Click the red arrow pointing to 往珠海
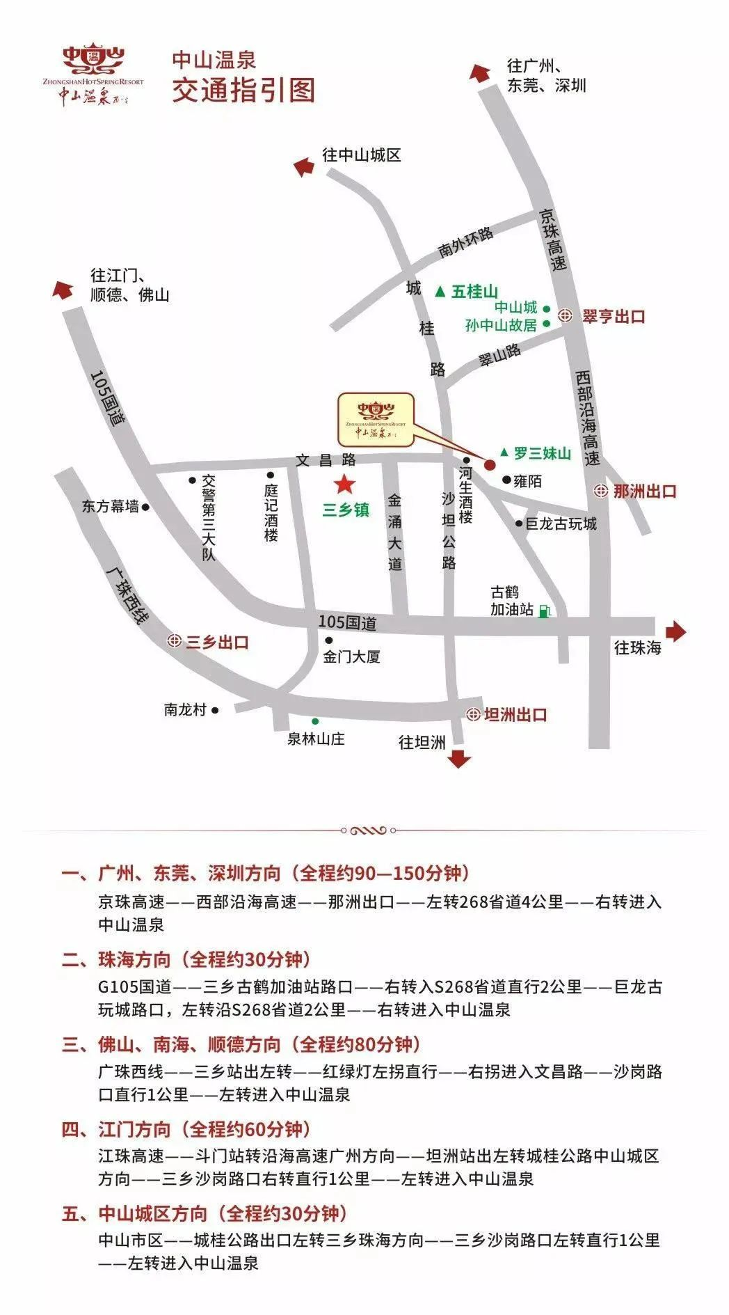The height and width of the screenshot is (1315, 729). point(675,631)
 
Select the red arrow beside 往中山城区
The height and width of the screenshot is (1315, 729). point(303,167)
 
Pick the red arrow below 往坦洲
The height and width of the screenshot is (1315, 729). point(459,758)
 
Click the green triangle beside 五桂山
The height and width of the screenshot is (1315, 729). point(440,292)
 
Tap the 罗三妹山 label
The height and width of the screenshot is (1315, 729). point(542,454)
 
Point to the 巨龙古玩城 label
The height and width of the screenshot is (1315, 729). point(561,523)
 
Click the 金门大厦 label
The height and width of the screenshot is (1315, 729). point(352,656)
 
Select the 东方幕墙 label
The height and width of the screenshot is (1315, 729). point(111,507)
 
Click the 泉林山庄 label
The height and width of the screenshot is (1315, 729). point(317,739)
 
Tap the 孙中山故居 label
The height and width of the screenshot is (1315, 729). point(501,325)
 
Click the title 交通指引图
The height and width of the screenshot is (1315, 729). point(243,90)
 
